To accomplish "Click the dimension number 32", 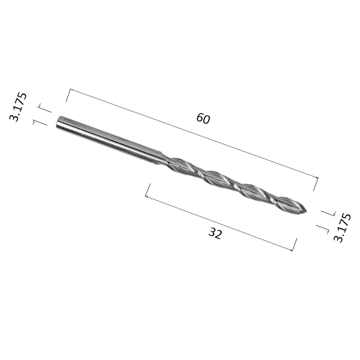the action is tap(215, 234).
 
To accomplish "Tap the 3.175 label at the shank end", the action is tap(18, 107).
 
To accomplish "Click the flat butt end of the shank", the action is tap(57, 122).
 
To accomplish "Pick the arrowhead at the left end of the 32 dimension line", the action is tap(147, 197).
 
